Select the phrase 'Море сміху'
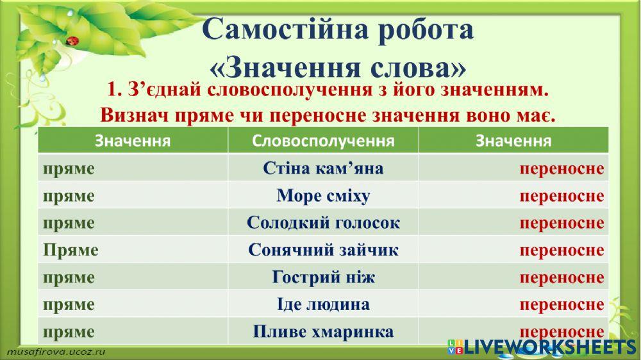323,196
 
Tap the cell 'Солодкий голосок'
323,223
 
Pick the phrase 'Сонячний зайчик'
323,250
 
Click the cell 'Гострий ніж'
323,277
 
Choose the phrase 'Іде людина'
323,304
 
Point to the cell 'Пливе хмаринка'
323,332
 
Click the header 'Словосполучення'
323,141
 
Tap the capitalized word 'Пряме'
71,250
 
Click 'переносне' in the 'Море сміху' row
562,196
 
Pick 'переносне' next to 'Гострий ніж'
562,277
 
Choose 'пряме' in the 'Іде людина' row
69,304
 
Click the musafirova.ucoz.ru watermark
56,352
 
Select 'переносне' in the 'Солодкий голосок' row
562,223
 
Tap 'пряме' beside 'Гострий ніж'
69,277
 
